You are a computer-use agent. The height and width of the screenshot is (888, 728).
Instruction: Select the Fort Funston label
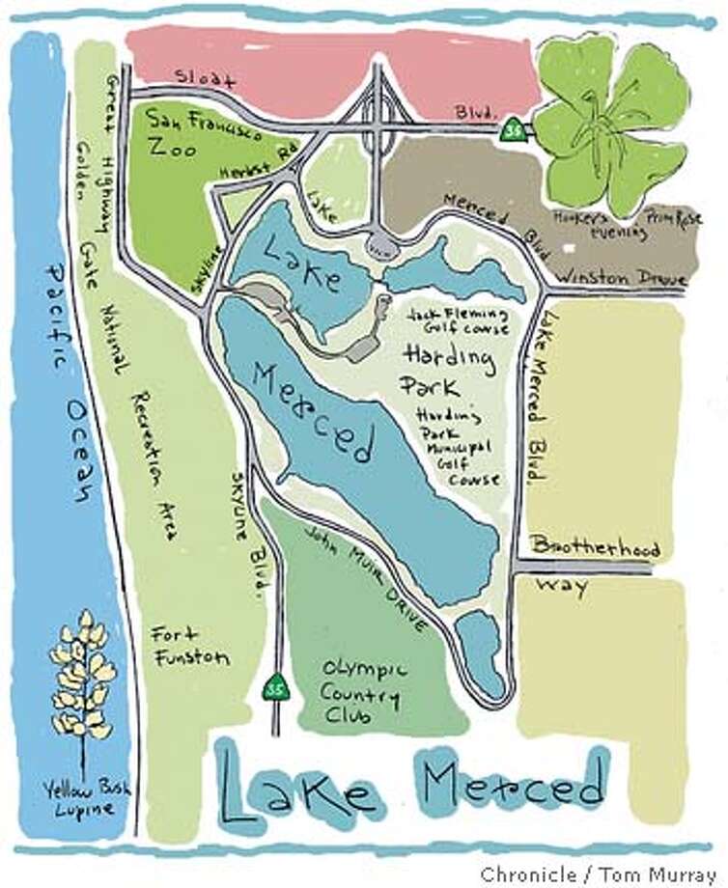(x=189, y=645)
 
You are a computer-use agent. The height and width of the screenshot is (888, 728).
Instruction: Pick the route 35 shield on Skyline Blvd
(x=275, y=687)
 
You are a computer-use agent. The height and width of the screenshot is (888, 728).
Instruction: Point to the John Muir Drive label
(x=365, y=579)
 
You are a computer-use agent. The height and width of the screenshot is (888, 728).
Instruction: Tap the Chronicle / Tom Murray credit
(x=602, y=874)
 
